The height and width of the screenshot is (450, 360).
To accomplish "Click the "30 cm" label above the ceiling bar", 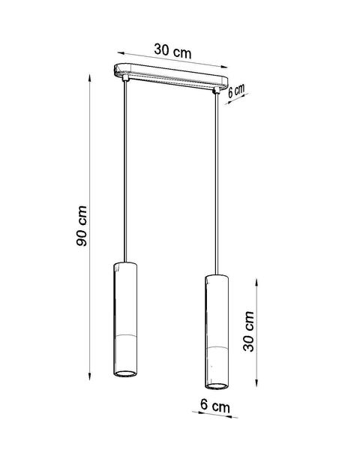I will (x=172, y=50).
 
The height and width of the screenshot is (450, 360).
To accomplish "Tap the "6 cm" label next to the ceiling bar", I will (x=236, y=91).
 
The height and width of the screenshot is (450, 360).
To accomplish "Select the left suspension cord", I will (x=124, y=172).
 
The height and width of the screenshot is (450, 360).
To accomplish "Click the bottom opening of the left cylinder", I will (x=125, y=372).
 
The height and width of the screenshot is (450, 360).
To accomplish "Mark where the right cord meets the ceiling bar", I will (x=218, y=91).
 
